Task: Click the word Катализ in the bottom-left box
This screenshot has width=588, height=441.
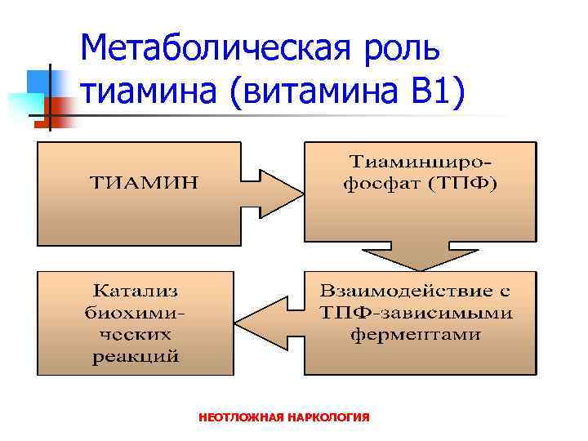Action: [136, 291]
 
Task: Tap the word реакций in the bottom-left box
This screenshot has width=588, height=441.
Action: [136, 356]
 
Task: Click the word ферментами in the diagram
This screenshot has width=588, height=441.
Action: [416, 334]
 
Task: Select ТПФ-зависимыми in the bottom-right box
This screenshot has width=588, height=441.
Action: [416, 312]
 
